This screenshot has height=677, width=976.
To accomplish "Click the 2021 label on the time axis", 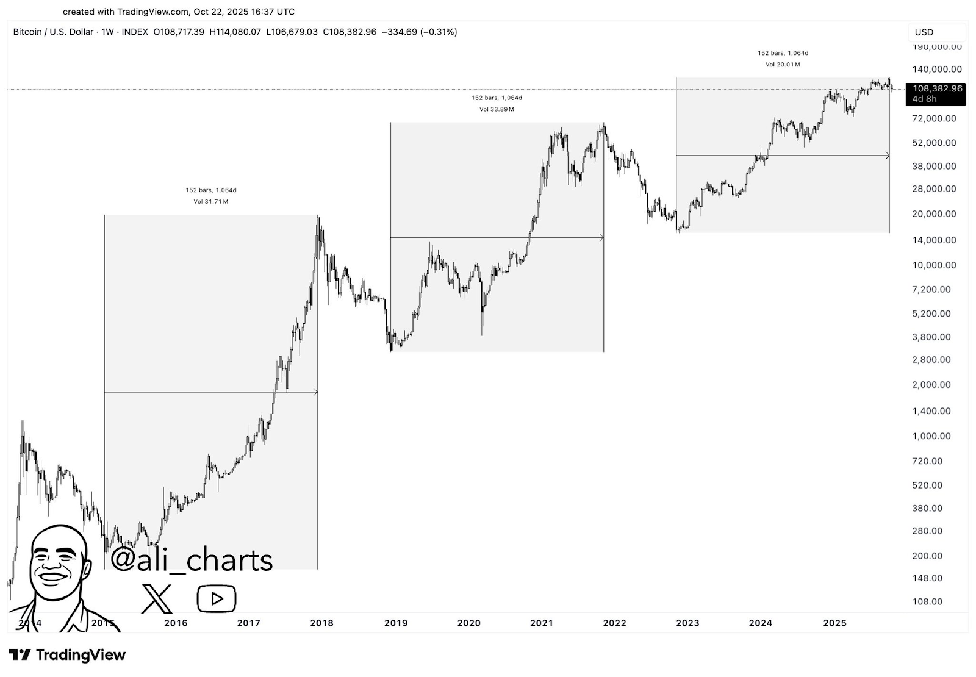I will [x=542, y=623].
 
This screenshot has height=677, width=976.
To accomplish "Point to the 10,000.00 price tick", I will [x=934, y=265].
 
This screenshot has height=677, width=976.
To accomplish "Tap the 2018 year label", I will [x=321, y=623].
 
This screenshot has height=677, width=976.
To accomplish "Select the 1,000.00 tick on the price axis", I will [x=931, y=436].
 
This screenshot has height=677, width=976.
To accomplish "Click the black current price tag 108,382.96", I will [x=936, y=88].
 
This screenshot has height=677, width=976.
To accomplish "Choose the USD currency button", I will [x=924, y=32].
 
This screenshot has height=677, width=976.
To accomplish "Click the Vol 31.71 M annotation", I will [x=211, y=202].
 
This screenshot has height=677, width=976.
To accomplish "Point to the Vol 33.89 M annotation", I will [x=497, y=110].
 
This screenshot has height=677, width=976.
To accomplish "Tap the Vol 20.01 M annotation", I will [x=783, y=65].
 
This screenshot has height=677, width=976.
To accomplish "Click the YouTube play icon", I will [x=217, y=599].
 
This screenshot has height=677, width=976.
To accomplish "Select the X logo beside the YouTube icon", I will [x=157, y=598].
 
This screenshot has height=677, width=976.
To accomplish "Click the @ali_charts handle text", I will [x=192, y=560].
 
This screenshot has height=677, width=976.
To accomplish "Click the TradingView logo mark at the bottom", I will [x=20, y=655].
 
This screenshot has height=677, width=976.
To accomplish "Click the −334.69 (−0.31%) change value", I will [x=419, y=32].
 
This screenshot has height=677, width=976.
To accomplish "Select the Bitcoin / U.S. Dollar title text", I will [x=53, y=32].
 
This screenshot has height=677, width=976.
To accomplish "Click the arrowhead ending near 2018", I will [x=315, y=392].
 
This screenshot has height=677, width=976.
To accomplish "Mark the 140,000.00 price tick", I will [x=937, y=70].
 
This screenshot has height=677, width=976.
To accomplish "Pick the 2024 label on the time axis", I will [x=760, y=623].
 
